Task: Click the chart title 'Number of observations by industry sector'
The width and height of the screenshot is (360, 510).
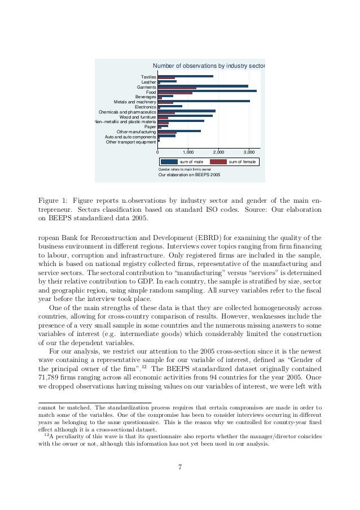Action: click(x=209, y=66)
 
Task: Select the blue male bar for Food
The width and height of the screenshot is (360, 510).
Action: click(x=207, y=90)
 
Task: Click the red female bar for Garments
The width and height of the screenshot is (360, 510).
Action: click(x=177, y=88)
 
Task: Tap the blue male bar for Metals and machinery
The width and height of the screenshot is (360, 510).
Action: click(x=203, y=101)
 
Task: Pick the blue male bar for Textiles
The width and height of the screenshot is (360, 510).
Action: click(x=185, y=76)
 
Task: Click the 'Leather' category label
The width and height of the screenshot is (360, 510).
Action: click(x=148, y=82)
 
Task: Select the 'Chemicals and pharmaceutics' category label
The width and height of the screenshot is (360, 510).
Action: click(x=128, y=112)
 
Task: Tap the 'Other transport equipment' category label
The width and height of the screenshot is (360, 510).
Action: click(x=131, y=142)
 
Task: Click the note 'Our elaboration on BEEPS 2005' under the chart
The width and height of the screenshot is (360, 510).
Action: click(x=189, y=175)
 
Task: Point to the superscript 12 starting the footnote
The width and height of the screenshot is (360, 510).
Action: click(x=45, y=434)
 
